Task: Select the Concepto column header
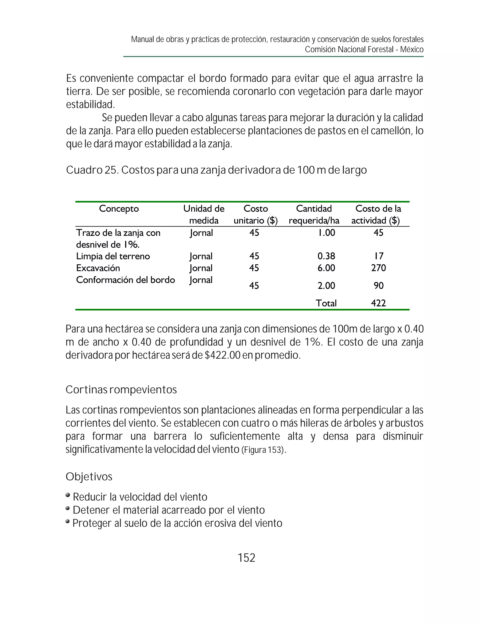click(x=119, y=209)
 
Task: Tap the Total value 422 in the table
click(x=378, y=303)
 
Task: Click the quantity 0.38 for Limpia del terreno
click(x=326, y=256)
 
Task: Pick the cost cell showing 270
click(x=378, y=268)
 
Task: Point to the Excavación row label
click(x=98, y=268)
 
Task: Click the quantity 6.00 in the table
click(x=326, y=268)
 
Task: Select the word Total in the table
click(x=326, y=303)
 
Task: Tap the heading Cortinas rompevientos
click(x=121, y=390)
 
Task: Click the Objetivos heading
click(x=89, y=477)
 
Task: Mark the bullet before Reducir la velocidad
click(x=68, y=495)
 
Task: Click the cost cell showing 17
click(x=379, y=256)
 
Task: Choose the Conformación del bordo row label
click(x=125, y=280)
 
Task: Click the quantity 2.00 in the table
click(x=326, y=286)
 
